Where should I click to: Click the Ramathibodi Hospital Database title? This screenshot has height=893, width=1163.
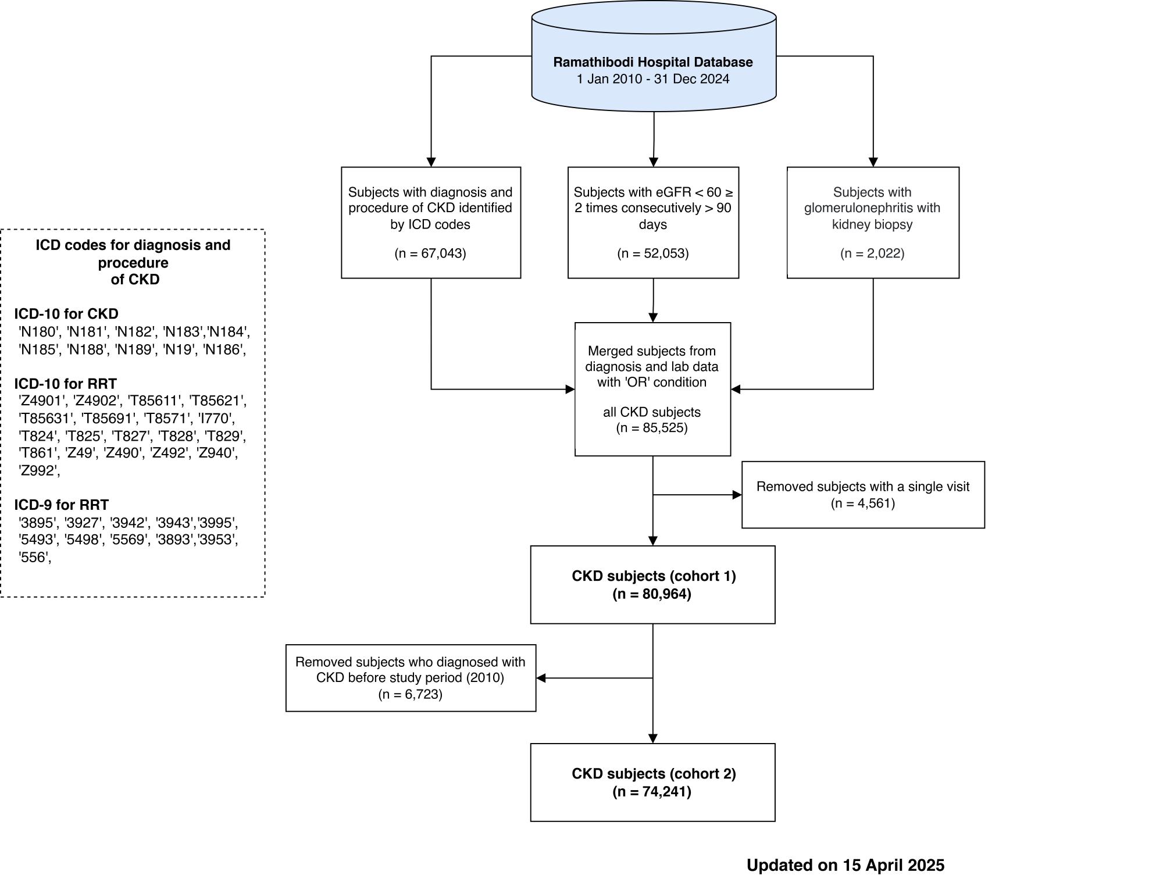[653, 62]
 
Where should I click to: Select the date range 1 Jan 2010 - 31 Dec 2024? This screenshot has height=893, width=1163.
[653, 79]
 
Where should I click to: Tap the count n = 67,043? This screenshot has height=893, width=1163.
[430, 253]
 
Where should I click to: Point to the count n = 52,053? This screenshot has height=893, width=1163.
[653, 253]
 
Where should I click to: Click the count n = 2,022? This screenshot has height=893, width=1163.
[872, 253]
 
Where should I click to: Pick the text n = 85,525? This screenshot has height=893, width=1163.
[652, 428]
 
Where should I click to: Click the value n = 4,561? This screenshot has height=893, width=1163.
[863, 503]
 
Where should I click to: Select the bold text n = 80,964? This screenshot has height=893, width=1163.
[652, 594]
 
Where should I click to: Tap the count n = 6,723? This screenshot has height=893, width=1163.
[411, 695]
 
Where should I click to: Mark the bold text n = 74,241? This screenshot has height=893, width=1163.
[652, 792]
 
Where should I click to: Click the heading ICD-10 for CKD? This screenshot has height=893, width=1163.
[66, 314]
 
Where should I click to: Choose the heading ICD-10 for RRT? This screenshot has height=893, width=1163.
[66, 384]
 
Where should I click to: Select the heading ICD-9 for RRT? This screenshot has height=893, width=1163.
[62, 505]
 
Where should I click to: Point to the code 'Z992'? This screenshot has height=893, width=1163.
[39, 471]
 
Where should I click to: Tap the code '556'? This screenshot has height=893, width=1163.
[34, 558]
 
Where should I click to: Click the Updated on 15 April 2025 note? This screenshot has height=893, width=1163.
[846, 866]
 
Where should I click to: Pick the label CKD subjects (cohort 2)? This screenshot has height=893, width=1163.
[654, 774]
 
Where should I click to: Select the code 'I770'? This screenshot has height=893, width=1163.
[217, 419]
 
